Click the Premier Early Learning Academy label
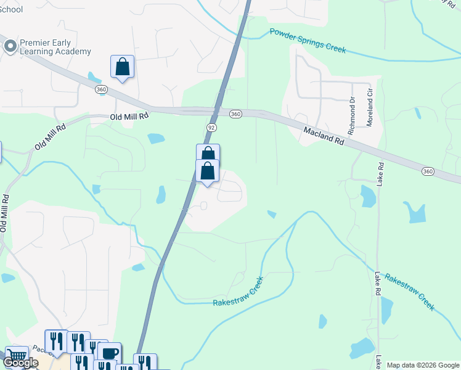pos(55,47)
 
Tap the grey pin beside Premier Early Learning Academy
pos(10,47)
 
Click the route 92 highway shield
pos(211,127)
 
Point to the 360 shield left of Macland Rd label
pos(235,114)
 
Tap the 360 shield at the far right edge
pos(428,170)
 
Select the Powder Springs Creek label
pos(308,41)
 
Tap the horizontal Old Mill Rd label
pos(129,116)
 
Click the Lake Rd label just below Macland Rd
pos(381,174)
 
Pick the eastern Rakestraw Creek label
pos(409,292)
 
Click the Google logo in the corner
pos(20,363)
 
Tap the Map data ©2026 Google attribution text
pos(423,365)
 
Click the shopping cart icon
pos(17,357)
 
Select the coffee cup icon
pos(109,353)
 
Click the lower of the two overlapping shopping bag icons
pos(208,171)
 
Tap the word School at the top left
pos(12,9)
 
